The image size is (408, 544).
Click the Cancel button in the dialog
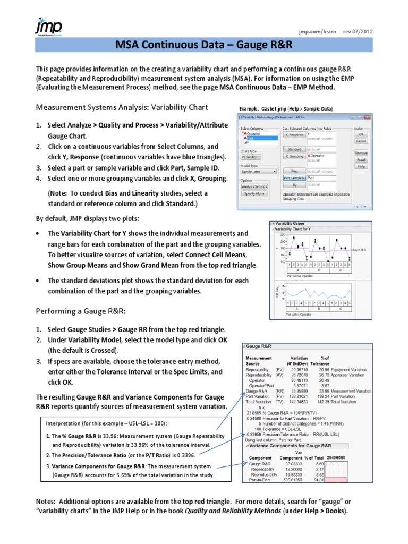(361, 141)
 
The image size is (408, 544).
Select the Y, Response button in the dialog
(294, 135)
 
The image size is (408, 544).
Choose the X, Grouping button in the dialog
(294, 157)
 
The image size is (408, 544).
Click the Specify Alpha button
(255, 193)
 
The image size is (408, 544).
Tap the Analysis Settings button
(255, 186)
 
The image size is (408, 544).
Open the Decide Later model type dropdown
(258, 172)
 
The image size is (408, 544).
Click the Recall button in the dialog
(361, 159)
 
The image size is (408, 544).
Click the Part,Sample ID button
(294, 178)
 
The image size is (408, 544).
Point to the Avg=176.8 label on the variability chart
(359, 249)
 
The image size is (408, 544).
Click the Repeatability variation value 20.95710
(299, 369)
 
